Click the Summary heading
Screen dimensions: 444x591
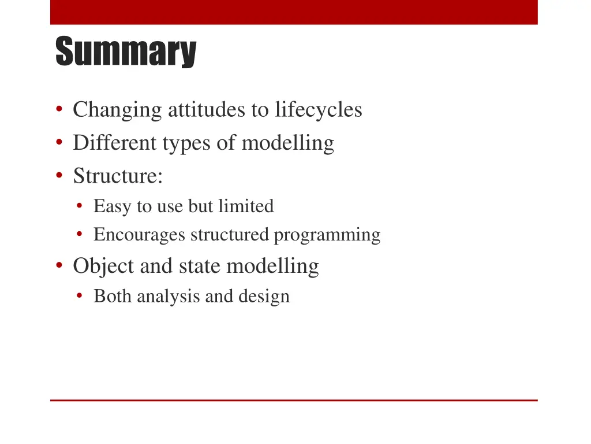tap(126, 52)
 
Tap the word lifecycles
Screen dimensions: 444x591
tap(319, 109)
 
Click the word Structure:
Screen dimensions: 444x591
tap(118, 176)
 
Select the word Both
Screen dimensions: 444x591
tap(113, 296)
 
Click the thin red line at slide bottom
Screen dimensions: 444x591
tap(293, 400)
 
